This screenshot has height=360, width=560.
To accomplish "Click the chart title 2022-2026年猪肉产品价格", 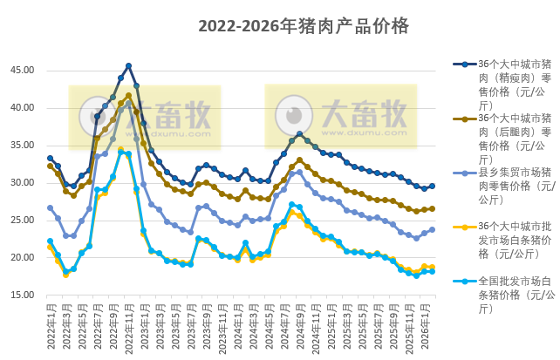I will coord(304,26).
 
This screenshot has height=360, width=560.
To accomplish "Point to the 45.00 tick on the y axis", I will coord(23,71).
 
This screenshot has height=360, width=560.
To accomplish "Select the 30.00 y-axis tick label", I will coord(23,183).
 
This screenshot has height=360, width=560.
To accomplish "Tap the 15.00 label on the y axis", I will coord(23,295).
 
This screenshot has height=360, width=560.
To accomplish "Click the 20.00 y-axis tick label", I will coord(23,258).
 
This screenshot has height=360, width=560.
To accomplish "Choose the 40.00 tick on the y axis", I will coord(23,108).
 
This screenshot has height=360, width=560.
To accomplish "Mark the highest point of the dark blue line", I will coord(128,65).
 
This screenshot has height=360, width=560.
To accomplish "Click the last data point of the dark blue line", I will coord(432,186).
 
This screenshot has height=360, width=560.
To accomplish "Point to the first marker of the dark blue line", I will coord(50,158).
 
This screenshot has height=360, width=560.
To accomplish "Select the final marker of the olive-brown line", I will coord(432,209).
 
